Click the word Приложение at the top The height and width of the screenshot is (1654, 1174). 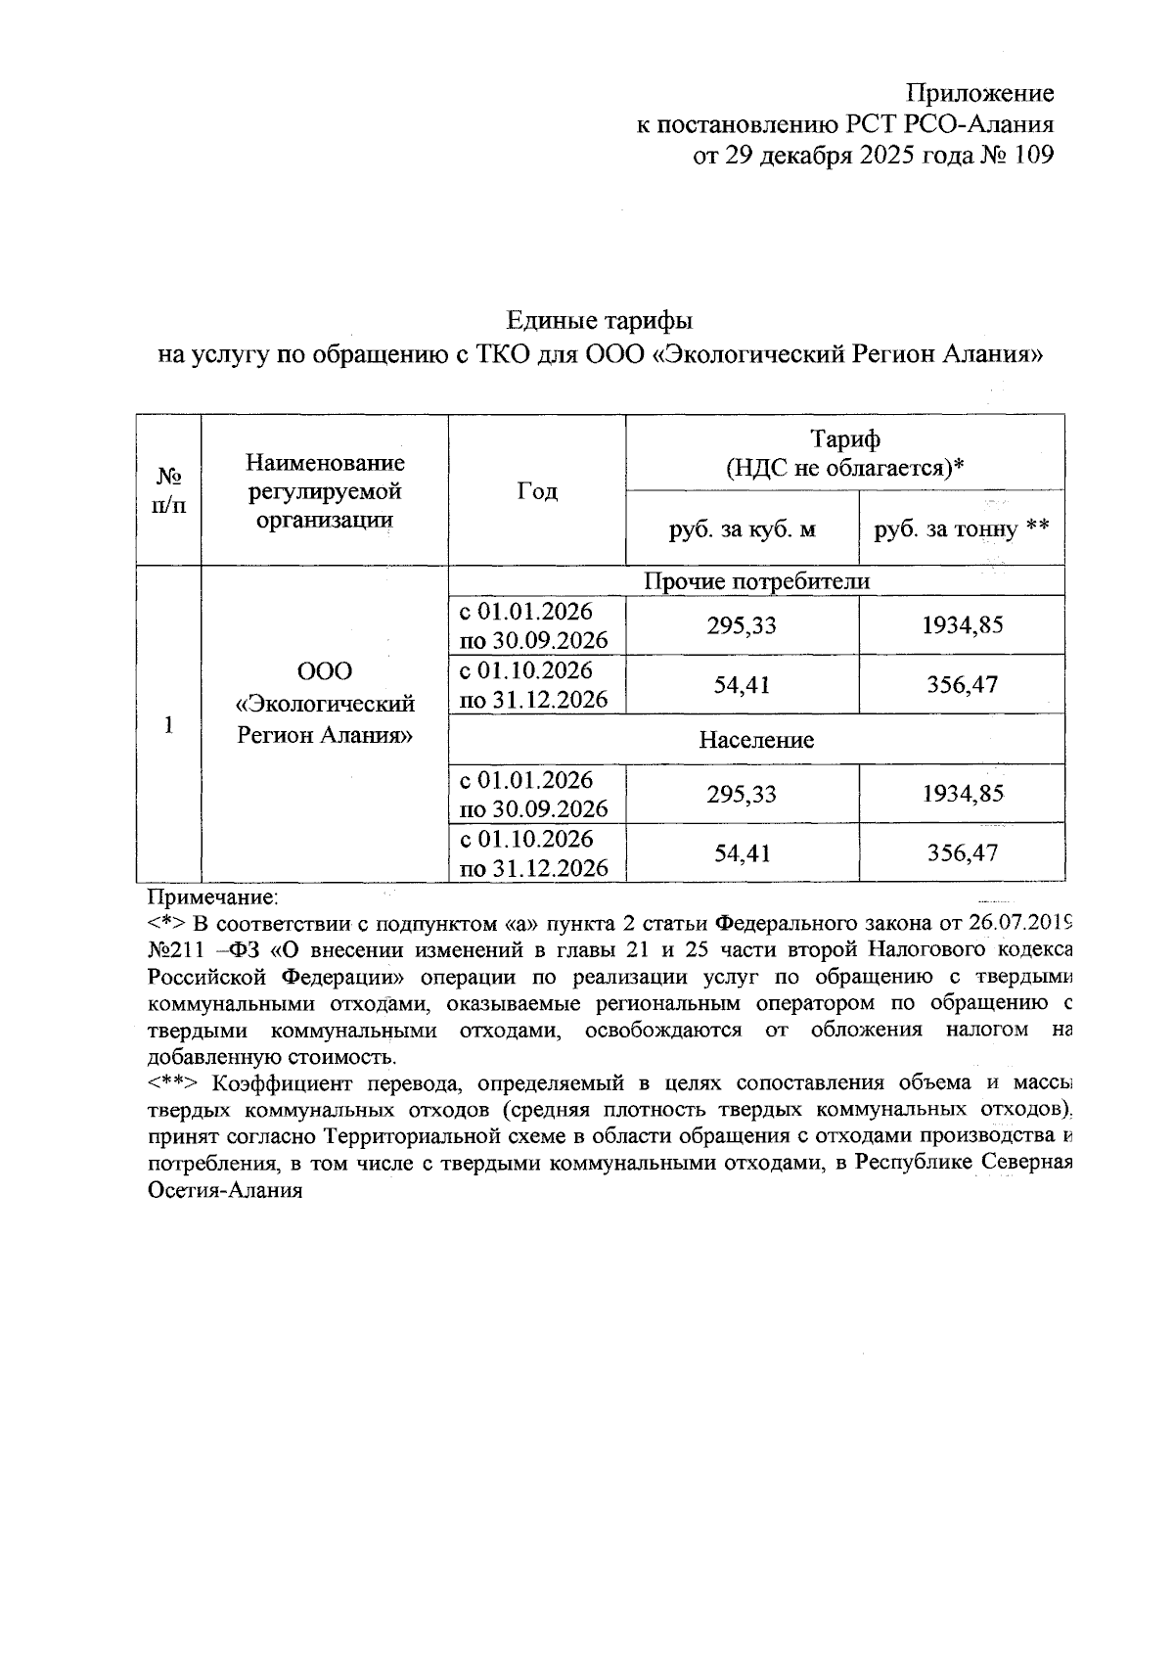click(x=979, y=94)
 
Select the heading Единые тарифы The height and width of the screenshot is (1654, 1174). click(x=600, y=320)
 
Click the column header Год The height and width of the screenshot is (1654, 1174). click(x=537, y=490)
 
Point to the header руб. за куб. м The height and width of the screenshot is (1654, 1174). click(x=742, y=529)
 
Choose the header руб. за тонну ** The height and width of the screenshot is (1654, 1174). click(x=961, y=529)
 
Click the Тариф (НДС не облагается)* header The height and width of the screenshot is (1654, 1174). click(x=844, y=453)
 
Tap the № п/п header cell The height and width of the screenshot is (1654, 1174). click(x=169, y=490)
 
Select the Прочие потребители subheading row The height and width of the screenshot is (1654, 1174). click(x=755, y=581)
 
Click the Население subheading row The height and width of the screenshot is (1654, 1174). click(x=755, y=740)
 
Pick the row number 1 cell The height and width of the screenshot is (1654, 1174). click(x=169, y=724)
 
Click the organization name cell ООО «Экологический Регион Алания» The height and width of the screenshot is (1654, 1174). click(x=325, y=704)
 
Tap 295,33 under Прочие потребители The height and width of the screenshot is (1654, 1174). click(x=742, y=625)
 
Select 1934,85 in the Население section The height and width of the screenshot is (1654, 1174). click(x=962, y=794)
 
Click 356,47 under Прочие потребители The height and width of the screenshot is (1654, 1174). click(x=962, y=684)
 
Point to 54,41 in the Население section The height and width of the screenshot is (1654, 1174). click(x=742, y=853)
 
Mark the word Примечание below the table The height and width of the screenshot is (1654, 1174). click(x=212, y=896)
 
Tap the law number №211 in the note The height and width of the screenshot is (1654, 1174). click(x=174, y=949)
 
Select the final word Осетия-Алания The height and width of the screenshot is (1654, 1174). click(x=224, y=1191)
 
